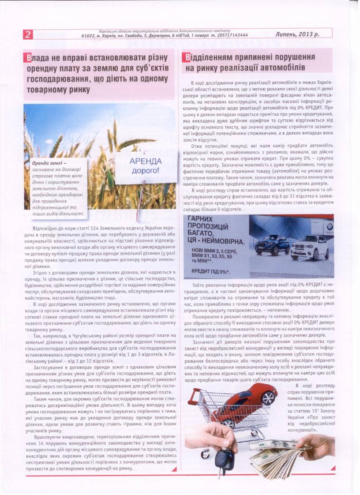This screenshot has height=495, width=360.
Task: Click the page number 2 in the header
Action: coord(28,34)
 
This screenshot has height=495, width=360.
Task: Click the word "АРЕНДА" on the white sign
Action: coord(146,161)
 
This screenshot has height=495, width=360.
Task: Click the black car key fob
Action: coord(224,458)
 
